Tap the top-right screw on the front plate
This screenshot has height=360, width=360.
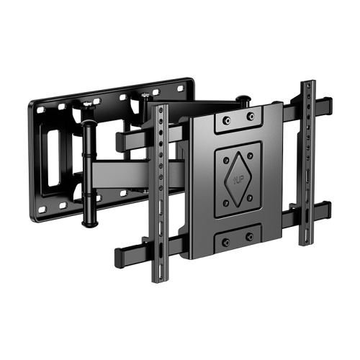(251, 116)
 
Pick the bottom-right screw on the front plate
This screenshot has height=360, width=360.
(250, 235)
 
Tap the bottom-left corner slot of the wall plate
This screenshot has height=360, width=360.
(42, 209)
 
